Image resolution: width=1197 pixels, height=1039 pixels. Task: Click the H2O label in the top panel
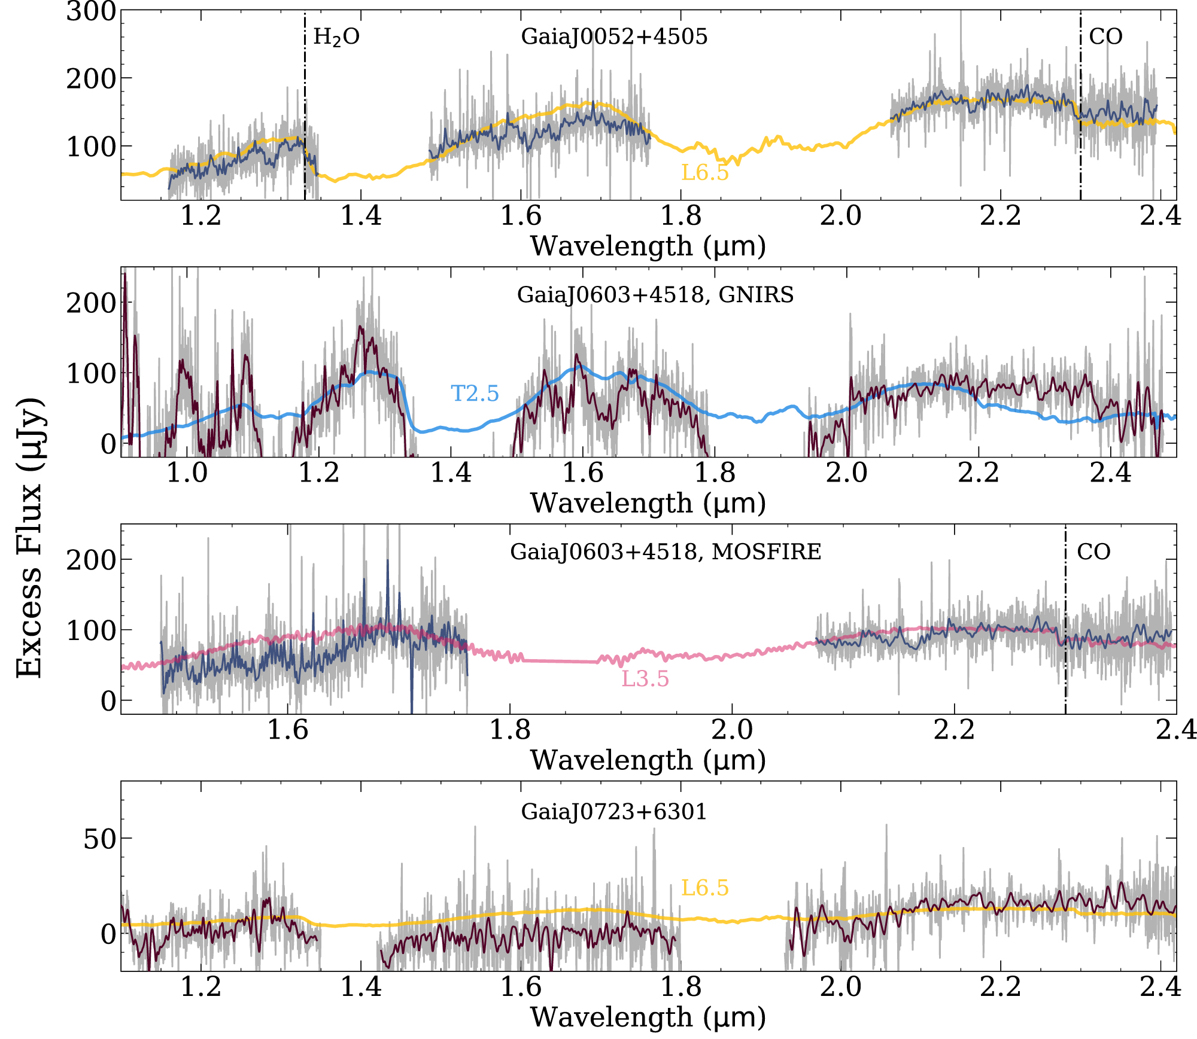point(336,38)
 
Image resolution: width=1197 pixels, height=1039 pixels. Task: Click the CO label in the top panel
point(1105,37)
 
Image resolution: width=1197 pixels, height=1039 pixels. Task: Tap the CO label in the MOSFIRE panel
point(1093,552)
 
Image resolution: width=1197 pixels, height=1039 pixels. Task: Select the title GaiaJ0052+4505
point(614,37)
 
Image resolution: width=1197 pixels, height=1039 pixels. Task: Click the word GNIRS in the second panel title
point(756,295)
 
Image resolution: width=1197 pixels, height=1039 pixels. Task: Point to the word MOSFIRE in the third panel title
point(766,552)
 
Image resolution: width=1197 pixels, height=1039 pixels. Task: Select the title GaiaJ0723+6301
point(614,812)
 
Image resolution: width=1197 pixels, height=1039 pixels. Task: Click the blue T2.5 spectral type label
point(475,394)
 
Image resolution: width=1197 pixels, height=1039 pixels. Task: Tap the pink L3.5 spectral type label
point(645,679)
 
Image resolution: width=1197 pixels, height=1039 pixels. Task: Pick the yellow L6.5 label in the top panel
point(705,173)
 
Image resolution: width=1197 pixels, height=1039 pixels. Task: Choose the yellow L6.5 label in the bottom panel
point(705,888)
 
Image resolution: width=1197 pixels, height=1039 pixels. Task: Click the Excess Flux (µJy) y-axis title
point(29,537)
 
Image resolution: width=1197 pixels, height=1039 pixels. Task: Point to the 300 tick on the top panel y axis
point(91,12)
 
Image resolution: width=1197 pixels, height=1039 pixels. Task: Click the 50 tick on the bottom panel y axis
point(99,840)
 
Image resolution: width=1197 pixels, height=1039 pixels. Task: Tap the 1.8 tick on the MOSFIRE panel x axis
point(510,730)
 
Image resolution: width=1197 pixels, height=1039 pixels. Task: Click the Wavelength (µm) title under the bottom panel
point(648,1017)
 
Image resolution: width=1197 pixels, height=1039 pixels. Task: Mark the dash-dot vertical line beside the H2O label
point(305,120)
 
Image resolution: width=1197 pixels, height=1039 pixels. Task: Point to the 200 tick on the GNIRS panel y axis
point(91,304)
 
